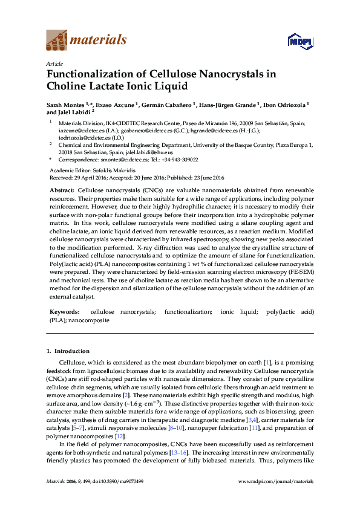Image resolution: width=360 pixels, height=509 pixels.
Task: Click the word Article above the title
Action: [53, 64]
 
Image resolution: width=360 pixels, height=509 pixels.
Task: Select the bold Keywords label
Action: [65, 312]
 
